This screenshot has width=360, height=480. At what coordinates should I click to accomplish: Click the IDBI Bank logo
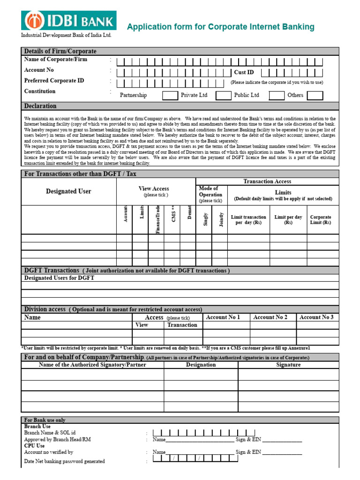[68, 21]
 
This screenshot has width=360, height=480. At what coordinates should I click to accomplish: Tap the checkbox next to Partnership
[170, 96]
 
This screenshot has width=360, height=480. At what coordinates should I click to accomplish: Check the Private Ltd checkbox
[223, 96]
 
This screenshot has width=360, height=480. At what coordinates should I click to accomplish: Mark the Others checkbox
[315, 96]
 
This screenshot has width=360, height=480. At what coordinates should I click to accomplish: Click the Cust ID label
[244, 72]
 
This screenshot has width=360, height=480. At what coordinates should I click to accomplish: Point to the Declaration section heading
[40, 106]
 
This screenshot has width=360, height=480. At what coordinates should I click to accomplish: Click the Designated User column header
[68, 191]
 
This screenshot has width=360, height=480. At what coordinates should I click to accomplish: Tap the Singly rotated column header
[205, 219]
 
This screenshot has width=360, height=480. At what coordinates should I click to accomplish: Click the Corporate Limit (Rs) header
[321, 220]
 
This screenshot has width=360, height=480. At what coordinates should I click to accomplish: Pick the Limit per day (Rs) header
[288, 220]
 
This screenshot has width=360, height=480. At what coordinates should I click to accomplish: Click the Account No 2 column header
[270, 317]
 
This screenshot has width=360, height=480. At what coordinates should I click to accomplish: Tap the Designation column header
[201, 365]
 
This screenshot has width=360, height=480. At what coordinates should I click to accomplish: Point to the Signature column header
[288, 365]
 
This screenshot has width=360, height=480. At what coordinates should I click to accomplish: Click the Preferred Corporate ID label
[54, 81]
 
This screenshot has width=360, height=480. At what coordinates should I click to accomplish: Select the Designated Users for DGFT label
[59, 278]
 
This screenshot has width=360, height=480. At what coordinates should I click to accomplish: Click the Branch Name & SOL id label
[50, 433]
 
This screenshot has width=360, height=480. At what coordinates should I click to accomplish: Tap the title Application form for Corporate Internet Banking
[221, 27]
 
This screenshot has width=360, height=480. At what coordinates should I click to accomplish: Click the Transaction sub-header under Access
[182, 325]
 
